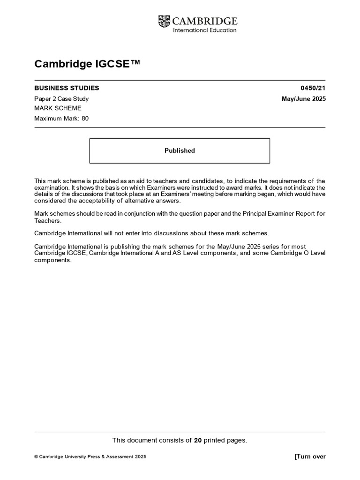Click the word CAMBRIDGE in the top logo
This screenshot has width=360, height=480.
pos(205,21)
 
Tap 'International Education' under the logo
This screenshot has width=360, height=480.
pos(205,30)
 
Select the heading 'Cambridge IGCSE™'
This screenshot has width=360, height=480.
pos(87,64)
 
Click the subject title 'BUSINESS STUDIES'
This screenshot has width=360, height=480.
pos(67,88)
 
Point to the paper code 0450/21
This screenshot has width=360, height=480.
pos(313,88)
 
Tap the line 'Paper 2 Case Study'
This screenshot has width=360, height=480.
pos(61,99)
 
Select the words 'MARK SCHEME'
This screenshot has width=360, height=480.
pos(58,108)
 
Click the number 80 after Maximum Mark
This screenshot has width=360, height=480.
pos(85,119)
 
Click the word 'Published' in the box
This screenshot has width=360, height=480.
pos(180,151)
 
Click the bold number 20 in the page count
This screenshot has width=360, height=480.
pos(198,440)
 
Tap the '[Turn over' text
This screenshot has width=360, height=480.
pos(310,457)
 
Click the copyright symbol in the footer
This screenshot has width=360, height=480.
pos(36,457)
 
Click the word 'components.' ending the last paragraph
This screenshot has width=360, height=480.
pos(53,260)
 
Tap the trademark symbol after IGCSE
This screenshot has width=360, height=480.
pos(135,63)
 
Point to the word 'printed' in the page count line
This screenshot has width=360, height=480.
pos(215,440)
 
